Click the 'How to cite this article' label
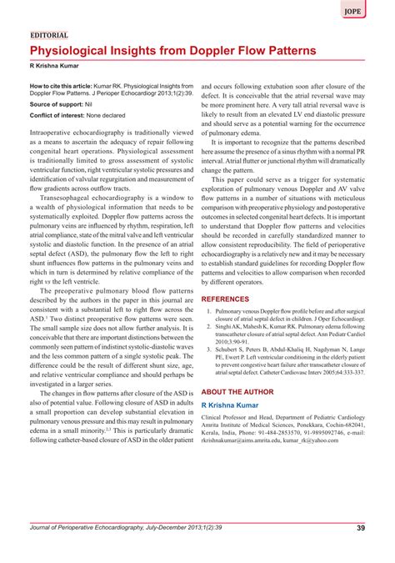click(64, 86)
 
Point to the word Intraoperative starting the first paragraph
click(64, 133)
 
